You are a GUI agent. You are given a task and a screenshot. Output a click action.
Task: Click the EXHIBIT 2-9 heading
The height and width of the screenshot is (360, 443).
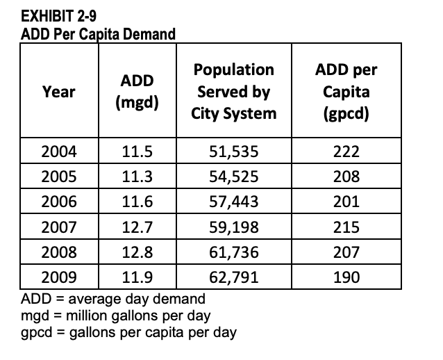59,16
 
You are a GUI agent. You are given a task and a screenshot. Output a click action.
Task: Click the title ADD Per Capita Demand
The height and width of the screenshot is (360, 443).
99,35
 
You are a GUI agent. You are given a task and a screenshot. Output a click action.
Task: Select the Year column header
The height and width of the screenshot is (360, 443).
59,92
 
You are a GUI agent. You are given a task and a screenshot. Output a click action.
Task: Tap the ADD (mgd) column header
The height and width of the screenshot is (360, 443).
137,92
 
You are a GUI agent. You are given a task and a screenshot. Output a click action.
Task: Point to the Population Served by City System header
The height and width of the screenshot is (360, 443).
233,92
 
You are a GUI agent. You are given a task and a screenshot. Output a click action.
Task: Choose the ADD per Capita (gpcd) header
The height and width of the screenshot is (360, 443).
346,92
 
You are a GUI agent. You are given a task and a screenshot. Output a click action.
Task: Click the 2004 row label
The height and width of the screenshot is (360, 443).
59,152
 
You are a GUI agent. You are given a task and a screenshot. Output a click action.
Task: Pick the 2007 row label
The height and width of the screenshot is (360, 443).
59,227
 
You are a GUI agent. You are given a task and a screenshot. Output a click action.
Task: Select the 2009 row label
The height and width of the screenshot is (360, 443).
59,277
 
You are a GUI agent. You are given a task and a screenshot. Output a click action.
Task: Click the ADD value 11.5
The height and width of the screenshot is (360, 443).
137,152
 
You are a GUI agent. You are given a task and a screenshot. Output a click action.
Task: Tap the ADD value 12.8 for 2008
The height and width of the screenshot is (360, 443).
137,252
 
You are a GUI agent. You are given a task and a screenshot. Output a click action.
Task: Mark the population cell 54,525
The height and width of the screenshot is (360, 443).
233,177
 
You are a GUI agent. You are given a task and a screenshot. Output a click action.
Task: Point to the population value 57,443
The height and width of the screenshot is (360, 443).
233,202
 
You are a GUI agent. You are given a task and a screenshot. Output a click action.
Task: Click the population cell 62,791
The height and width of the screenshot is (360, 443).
233,277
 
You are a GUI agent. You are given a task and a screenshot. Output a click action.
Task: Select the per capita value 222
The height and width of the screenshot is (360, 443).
346,152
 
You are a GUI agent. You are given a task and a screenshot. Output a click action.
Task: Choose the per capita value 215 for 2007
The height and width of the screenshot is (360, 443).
346,227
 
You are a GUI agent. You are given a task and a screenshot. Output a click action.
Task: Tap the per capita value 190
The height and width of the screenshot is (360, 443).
346,277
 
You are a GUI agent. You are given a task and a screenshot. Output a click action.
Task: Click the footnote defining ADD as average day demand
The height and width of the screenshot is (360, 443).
113,299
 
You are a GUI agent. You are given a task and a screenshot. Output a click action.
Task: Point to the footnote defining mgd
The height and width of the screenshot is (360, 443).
115,316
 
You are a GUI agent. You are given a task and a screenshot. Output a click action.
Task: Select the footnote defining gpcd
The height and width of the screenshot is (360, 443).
128,333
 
